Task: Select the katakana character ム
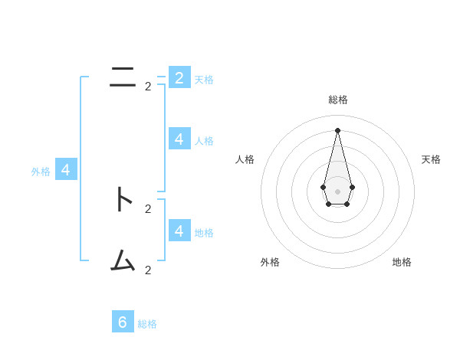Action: (123, 261)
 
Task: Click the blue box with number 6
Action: (123, 322)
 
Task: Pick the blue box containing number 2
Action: (179, 77)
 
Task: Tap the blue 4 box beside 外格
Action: (66, 170)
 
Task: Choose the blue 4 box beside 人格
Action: (179, 139)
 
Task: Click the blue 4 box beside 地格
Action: (179, 231)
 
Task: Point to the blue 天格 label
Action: (204, 80)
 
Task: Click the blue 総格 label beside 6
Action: (147, 324)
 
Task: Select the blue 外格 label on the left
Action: (41, 172)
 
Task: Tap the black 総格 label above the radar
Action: (338, 100)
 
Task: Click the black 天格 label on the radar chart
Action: (431, 159)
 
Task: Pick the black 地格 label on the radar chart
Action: (402, 262)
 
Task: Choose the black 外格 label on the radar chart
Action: (270, 262)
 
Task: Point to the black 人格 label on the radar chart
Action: (245, 159)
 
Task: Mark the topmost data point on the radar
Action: (337, 130)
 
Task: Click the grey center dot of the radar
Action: (337, 191)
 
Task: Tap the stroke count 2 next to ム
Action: (148, 270)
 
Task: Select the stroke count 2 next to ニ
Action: (148, 87)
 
